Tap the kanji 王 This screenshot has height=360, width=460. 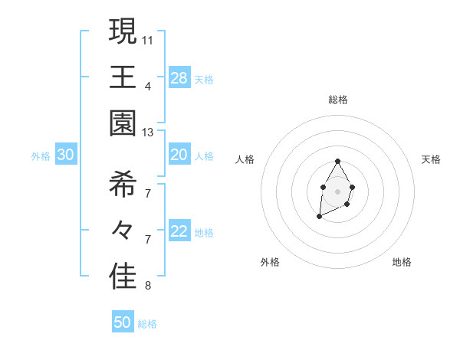[x=123, y=78]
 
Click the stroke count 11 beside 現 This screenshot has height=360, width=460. [x=148, y=39]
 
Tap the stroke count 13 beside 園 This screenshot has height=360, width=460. [x=148, y=133]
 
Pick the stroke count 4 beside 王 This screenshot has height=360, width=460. [x=148, y=86]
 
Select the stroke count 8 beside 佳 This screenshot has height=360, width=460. [x=148, y=286]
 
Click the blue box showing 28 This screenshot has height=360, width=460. [x=179, y=78]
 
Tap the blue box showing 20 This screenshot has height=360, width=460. [x=179, y=155]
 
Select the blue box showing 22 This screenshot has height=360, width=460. [x=179, y=232]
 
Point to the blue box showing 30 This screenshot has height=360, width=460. [x=65, y=155]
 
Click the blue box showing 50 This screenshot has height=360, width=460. [x=123, y=322]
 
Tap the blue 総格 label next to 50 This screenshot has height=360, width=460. [x=147, y=324]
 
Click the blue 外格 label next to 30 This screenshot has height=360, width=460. [x=41, y=156]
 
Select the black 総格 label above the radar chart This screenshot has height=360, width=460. [x=337, y=100]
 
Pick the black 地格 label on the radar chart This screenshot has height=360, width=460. [x=402, y=263]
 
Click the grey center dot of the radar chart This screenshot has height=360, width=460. [x=337, y=190]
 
